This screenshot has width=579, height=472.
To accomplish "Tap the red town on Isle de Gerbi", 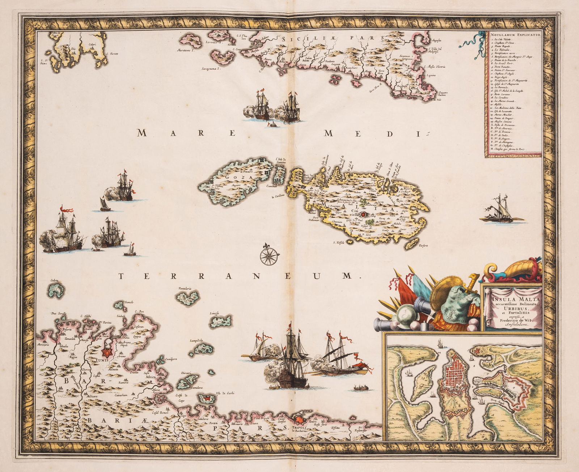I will [206, 399].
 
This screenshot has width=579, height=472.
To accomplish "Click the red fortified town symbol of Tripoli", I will [300, 420].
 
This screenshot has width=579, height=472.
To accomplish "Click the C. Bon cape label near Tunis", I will [140, 311].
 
